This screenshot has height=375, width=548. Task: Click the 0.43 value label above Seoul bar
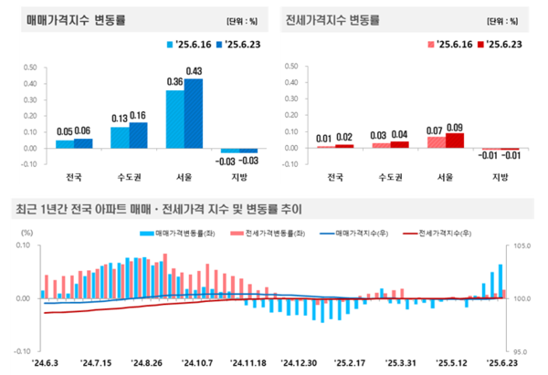click(195, 72)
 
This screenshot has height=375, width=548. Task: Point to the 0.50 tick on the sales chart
click(29, 67)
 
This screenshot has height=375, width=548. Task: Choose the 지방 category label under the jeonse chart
click(500, 176)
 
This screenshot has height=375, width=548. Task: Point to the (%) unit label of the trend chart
click(25, 234)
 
